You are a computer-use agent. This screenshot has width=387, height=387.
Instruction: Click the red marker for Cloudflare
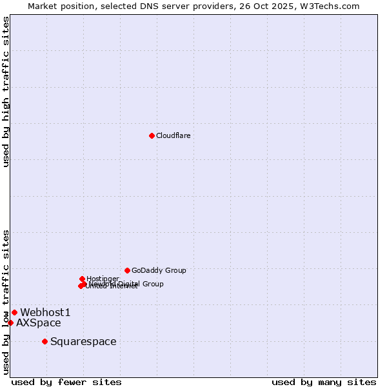(152, 135)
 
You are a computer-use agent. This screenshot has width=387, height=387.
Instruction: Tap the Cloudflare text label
(173, 135)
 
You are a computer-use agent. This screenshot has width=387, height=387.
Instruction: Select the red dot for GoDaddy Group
(127, 270)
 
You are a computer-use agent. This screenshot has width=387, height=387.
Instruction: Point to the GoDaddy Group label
(159, 270)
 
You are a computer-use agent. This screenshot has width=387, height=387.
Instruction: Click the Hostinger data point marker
(82, 279)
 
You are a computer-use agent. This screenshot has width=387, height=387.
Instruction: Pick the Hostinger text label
(103, 279)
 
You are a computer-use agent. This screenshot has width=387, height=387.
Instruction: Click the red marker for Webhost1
(14, 312)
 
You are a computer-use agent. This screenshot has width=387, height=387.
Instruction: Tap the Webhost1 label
(45, 313)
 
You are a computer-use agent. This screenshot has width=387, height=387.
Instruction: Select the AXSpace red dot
(11, 322)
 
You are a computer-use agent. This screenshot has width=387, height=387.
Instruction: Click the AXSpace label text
(39, 323)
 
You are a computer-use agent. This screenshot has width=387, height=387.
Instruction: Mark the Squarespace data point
(45, 341)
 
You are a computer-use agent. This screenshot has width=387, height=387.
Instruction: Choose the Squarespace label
(83, 342)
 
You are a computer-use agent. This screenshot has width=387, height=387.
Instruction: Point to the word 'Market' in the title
(43, 6)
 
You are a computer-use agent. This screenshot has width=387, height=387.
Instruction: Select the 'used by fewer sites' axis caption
(66, 382)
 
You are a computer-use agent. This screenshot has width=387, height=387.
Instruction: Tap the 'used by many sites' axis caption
(324, 382)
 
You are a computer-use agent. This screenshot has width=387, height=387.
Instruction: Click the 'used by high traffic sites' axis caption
(6, 92)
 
